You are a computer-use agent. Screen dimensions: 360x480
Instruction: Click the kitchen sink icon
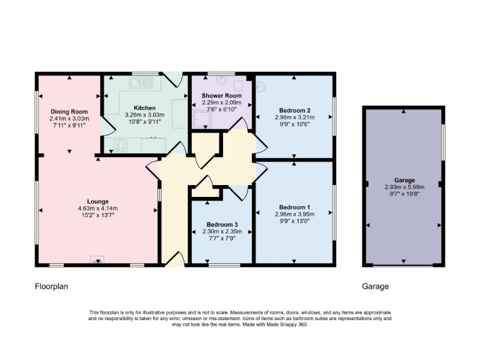(x=141, y=81)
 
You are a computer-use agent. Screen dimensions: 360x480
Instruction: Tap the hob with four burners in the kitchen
(x=120, y=146)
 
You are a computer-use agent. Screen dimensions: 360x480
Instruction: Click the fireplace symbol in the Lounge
(x=97, y=261)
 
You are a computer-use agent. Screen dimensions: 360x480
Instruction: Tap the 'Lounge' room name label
(x=97, y=201)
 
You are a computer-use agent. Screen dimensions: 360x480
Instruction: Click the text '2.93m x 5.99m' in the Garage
(x=404, y=186)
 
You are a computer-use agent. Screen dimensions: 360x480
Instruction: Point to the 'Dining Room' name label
(x=70, y=111)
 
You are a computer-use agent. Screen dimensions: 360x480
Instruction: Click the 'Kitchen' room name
(x=144, y=107)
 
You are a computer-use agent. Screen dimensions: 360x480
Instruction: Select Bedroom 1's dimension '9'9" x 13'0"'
(x=294, y=221)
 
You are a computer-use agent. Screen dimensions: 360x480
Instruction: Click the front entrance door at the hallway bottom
(x=175, y=258)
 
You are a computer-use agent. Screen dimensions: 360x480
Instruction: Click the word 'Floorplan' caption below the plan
(x=51, y=286)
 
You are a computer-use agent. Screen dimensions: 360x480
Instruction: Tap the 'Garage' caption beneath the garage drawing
(x=375, y=286)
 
